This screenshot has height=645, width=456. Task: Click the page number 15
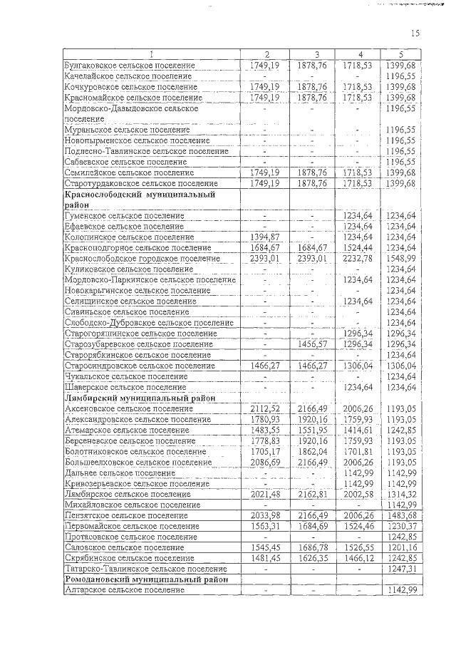pyautogui.click(x=415, y=32)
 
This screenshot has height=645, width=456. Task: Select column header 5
pyautogui.click(x=401, y=55)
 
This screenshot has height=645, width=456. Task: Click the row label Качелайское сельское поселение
pyautogui.click(x=128, y=76)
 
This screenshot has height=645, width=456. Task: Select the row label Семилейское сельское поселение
pyautogui.click(x=129, y=172)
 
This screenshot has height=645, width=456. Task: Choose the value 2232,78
pyautogui.click(x=358, y=258)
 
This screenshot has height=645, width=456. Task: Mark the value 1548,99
pyautogui.click(x=401, y=258)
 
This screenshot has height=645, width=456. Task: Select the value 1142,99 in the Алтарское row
pyautogui.click(x=401, y=591)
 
